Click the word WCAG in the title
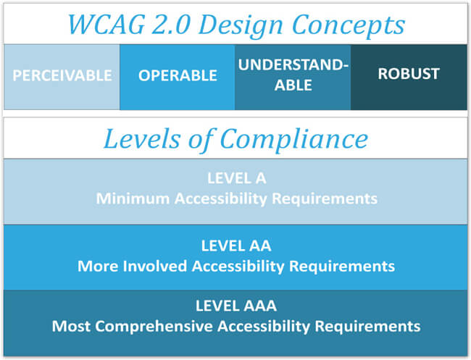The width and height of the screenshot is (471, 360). pyautogui.click(x=107, y=25)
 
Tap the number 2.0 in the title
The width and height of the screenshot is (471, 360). pyautogui.click(x=171, y=25)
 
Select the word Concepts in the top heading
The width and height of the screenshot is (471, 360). pyautogui.click(x=349, y=25)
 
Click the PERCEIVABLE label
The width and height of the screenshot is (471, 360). pyautogui.click(x=62, y=75)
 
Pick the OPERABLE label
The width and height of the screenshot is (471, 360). pyautogui.click(x=178, y=75)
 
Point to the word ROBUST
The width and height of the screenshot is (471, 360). pyautogui.click(x=409, y=74)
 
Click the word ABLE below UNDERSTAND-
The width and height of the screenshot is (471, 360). pyautogui.click(x=293, y=85)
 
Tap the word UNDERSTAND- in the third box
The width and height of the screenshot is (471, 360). pyautogui.click(x=293, y=65)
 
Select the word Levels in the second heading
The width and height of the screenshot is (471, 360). pyautogui.click(x=142, y=139)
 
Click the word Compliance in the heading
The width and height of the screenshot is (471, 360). pyautogui.click(x=294, y=139)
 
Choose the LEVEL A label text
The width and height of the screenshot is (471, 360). pyautogui.click(x=237, y=178)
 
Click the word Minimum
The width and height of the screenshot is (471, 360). pyautogui.click(x=133, y=198)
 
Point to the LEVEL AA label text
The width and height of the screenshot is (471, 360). pyautogui.click(x=236, y=246)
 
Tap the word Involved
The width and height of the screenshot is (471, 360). pyautogui.click(x=154, y=266)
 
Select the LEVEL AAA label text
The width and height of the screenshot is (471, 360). pyautogui.click(x=236, y=306)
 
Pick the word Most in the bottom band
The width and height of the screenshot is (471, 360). pyautogui.click(x=71, y=326)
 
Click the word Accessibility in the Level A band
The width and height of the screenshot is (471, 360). pyautogui.click(x=221, y=198)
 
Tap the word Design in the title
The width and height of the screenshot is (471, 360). pyautogui.click(x=241, y=25)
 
